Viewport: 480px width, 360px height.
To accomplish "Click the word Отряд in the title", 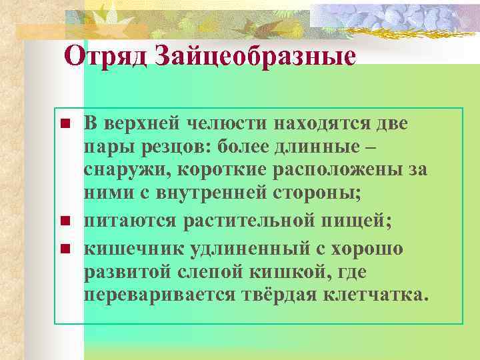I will pyautogui.click(x=106, y=55).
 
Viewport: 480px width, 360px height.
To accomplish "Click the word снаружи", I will pyautogui.click(x=127, y=170).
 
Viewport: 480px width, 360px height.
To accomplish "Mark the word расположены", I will pyautogui.click(x=335, y=170).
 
